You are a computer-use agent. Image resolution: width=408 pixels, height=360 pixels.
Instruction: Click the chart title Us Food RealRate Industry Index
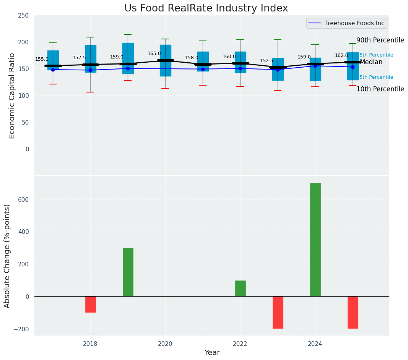pos(206,8)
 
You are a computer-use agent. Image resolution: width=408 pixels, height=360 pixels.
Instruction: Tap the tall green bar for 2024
pos(315,240)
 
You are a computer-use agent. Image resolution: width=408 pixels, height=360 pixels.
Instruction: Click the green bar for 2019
pos(128,272)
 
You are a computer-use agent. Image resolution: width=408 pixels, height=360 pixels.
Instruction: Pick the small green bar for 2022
pos(240,289)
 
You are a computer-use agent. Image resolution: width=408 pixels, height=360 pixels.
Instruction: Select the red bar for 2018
pos(90,304)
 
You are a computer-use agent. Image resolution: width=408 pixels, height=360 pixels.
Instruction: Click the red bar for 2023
pos(278,312)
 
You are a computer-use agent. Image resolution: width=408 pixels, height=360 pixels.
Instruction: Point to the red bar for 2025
pos(353,312)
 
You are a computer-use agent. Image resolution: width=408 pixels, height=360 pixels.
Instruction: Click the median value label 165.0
pos(154,54)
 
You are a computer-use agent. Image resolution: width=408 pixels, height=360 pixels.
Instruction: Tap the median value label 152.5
pos(267,61)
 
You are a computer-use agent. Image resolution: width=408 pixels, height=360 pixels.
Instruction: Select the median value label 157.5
pos(80,58)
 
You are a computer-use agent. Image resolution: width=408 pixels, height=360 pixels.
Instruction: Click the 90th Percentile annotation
pos(380,40)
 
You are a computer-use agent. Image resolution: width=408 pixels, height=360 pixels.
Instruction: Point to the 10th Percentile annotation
pos(380,89)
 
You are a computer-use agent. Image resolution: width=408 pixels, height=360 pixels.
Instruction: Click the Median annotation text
pos(371,62)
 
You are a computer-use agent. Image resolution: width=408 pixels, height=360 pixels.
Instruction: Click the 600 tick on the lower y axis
pos(24,199)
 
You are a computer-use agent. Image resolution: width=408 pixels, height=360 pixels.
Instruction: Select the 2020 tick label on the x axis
pos(165,344)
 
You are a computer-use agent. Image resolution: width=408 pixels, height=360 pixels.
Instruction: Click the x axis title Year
pos(212,353)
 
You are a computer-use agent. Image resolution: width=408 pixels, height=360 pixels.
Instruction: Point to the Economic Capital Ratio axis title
pos(12,96)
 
